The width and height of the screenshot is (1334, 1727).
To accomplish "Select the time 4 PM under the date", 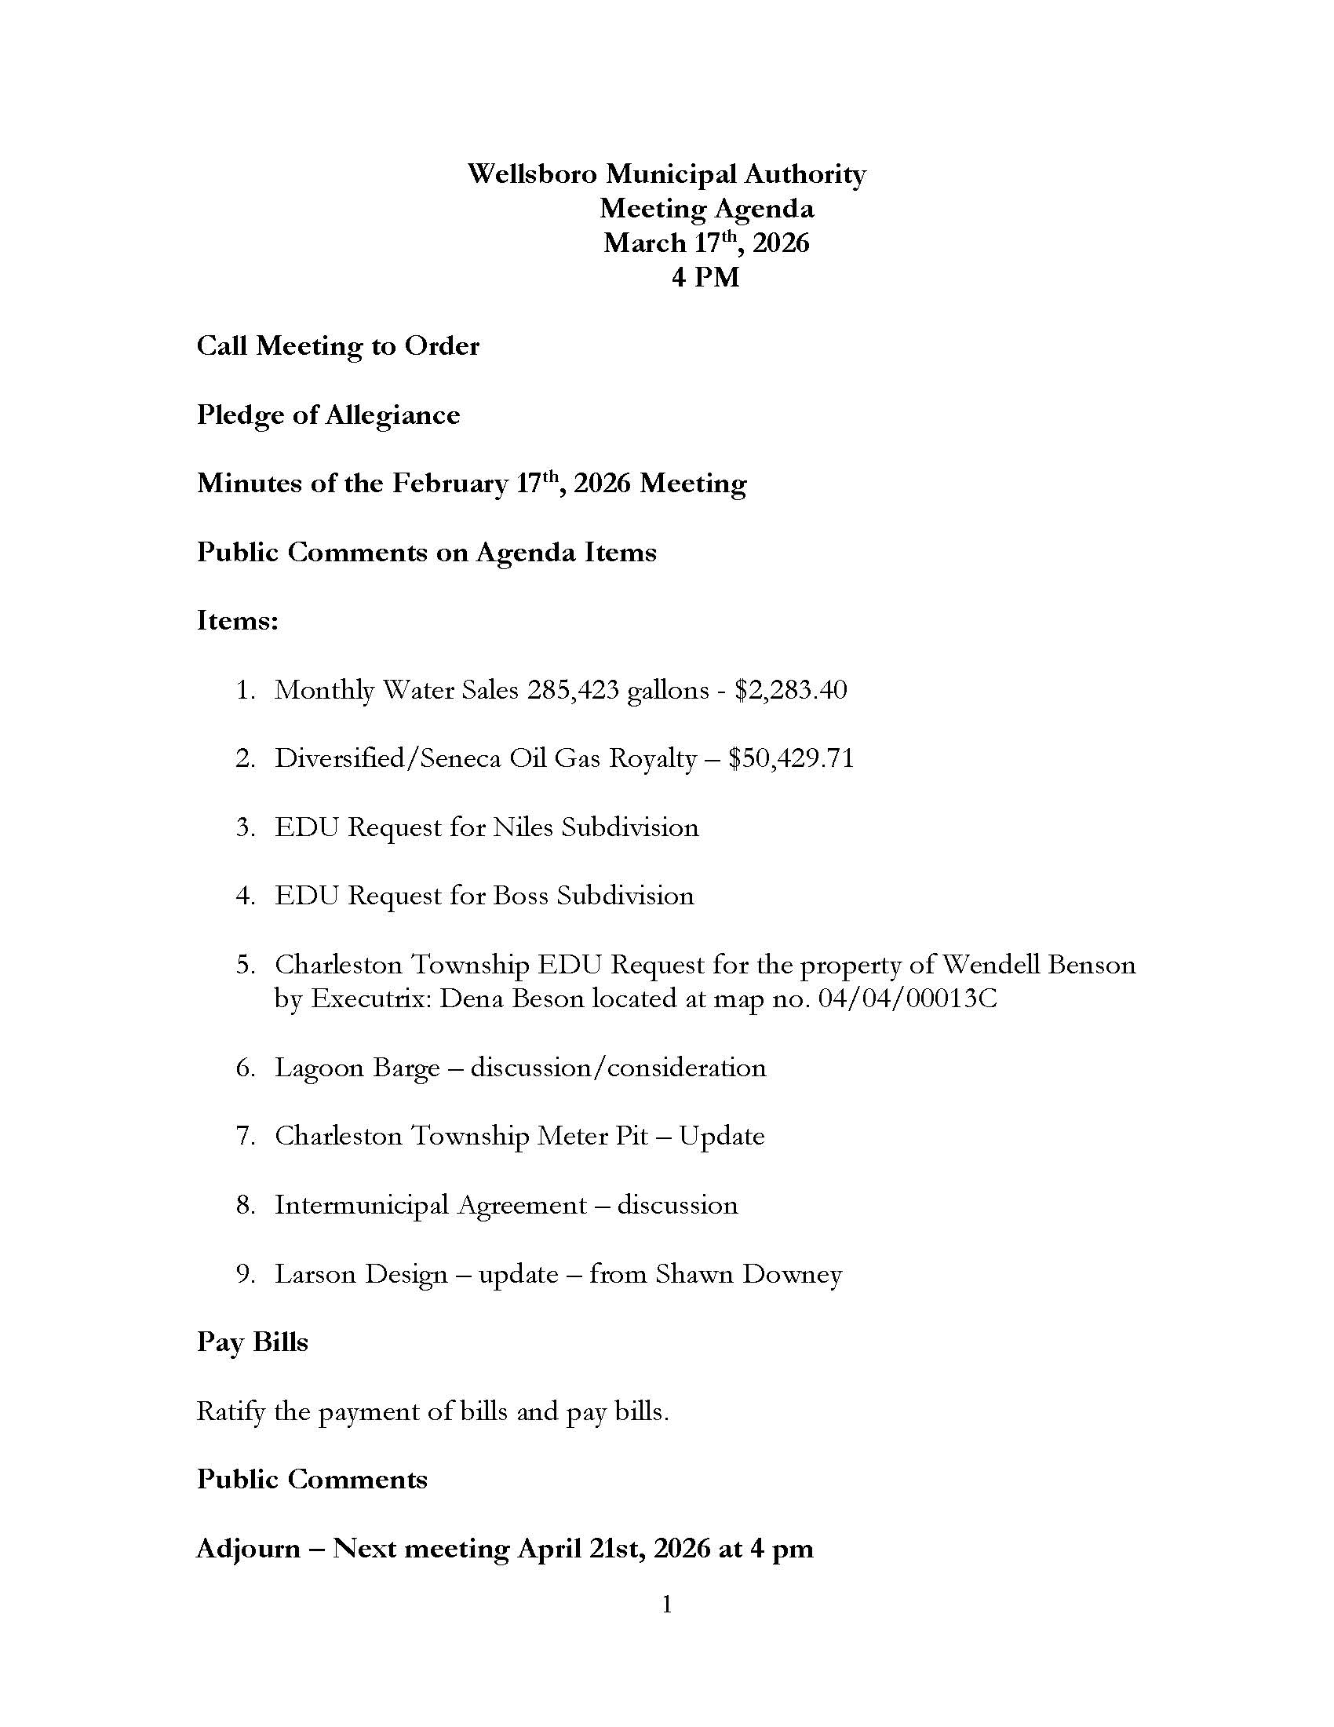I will click(705, 278).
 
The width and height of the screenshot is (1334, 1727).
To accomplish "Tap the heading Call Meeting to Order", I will click(337, 346).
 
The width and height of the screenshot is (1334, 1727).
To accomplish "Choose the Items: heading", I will click(237, 621).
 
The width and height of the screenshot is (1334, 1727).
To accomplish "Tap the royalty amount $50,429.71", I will click(791, 759).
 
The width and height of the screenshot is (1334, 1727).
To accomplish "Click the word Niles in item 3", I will click(523, 828).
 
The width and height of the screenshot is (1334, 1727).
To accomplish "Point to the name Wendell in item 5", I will click(990, 965).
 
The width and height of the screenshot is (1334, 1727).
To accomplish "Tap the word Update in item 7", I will click(721, 1137).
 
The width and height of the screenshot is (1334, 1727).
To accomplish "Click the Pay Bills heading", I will click(252, 1342).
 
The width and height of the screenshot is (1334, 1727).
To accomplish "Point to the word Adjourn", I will click(248, 1549).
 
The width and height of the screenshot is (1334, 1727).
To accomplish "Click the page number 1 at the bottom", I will click(667, 1605).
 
